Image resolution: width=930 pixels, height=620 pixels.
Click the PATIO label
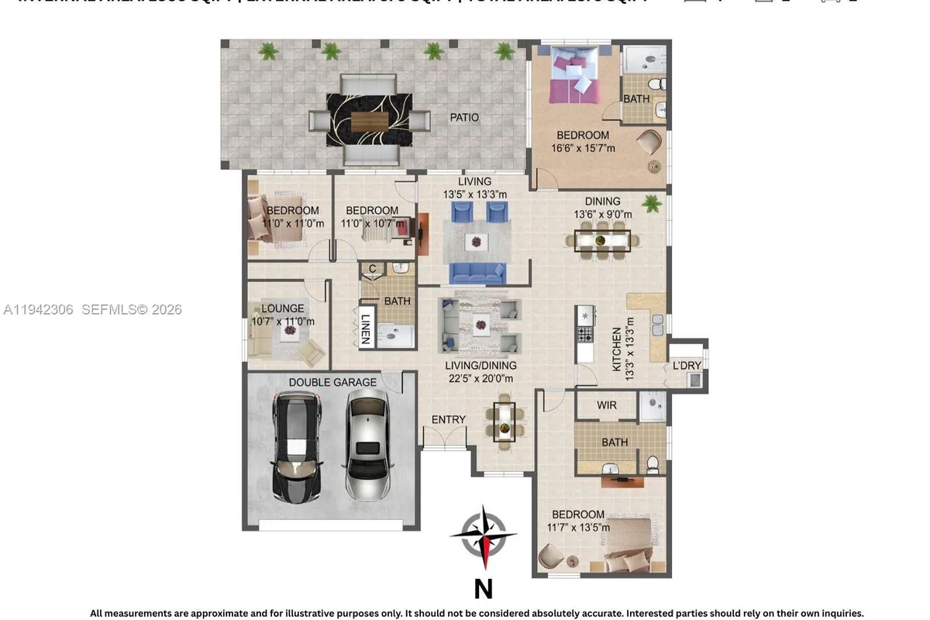(465, 118)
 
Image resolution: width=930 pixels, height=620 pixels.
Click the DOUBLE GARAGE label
(332, 382)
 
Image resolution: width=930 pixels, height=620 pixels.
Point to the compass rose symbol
(484, 536)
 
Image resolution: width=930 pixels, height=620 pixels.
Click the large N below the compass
(483, 590)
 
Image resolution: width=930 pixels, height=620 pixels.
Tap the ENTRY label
(449, 419)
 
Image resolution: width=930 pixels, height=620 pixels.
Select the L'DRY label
(687, 365)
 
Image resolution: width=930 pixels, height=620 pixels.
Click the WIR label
(607, 405)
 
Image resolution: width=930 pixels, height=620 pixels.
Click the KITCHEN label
(618, 349)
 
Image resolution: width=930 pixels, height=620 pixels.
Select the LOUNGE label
(282, 308)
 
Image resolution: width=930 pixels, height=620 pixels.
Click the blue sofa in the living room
(479, 272)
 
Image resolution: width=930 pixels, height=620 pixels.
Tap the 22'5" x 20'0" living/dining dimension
(480, 378)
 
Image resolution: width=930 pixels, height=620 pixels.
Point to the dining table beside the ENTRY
(505, 422)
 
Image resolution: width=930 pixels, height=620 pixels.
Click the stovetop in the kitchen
(585, 334)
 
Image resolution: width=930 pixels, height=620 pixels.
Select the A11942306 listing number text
(39, 310)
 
